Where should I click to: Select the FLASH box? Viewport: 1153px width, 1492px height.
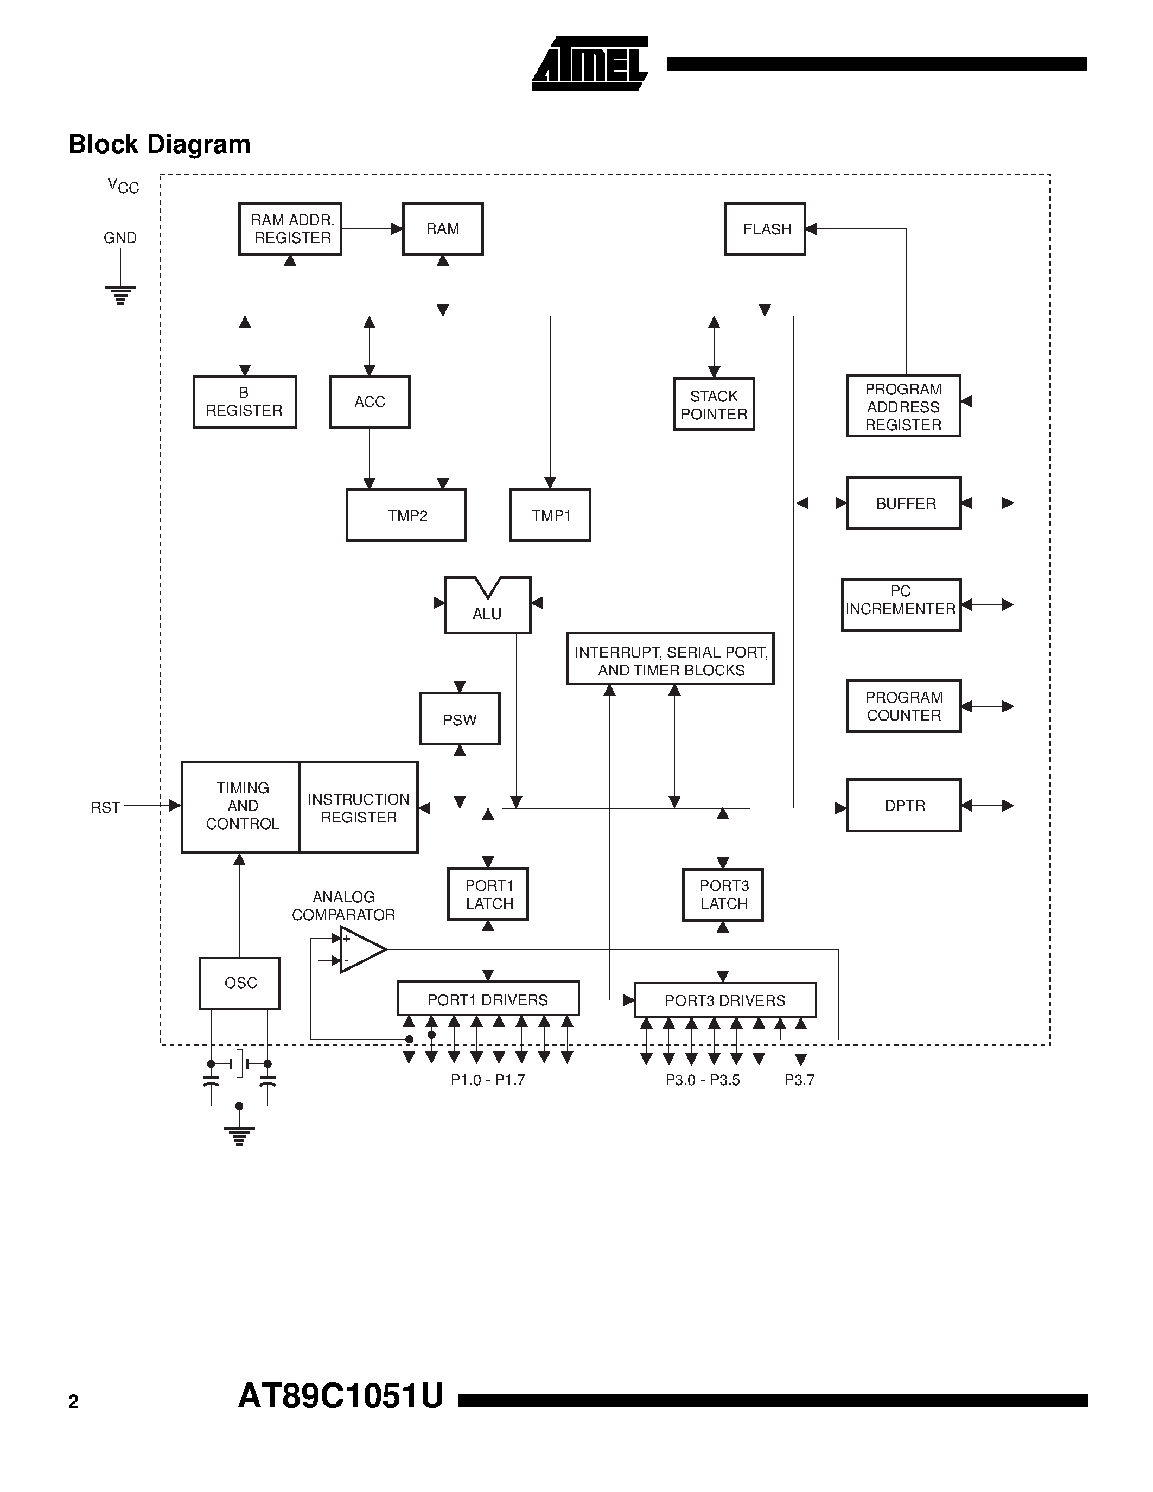point(765,229)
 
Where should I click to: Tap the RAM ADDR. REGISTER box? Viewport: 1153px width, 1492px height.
point(290,229)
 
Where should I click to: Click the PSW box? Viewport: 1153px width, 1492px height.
point(460,719)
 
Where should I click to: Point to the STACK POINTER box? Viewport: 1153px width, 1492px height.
point(714,404)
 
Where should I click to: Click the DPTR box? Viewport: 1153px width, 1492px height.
point(904,806)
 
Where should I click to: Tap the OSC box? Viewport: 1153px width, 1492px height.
point(240,983)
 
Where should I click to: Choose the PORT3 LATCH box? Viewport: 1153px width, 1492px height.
point(723,895)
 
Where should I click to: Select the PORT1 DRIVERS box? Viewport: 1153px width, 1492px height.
point(488,999)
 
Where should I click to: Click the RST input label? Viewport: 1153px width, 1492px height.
point(105,807)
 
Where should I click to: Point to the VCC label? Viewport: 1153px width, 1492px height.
point(123,186)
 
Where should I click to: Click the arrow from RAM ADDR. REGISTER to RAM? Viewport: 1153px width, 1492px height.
point(372,229)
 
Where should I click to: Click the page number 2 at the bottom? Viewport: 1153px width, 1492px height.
point(74,1402)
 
